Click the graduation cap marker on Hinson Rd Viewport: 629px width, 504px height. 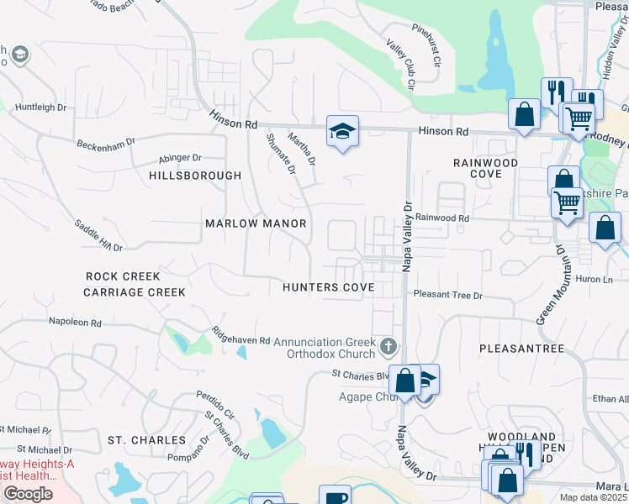click(342, 131)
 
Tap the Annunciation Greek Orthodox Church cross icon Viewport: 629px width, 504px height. click(388, 345)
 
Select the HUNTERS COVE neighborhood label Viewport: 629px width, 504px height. click(328, 286)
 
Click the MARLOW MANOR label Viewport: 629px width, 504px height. click(256, 224)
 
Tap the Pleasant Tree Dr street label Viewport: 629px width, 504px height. click(448, 296)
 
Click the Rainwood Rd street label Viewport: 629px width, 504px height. click(441, 218)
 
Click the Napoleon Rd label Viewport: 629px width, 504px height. click(75, 322)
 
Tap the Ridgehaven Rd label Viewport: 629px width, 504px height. click(240, 335)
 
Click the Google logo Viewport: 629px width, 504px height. click(28, 494)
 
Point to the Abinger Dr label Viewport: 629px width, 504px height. click(180, 158)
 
